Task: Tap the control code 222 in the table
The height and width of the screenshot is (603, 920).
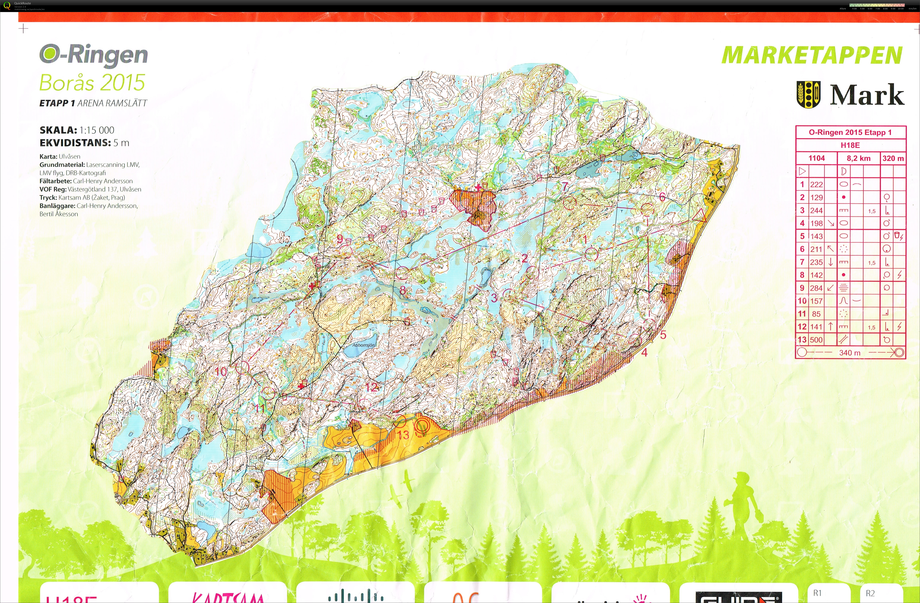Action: click(816, 184)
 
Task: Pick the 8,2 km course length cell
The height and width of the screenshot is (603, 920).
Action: click(859, 158)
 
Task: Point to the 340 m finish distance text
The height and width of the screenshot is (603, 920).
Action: click(850, 353)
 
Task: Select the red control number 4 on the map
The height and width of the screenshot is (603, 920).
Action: click(644, 352)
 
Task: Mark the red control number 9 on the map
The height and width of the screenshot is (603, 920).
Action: click(340, 239)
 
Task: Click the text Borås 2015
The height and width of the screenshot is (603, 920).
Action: click(92, 82)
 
